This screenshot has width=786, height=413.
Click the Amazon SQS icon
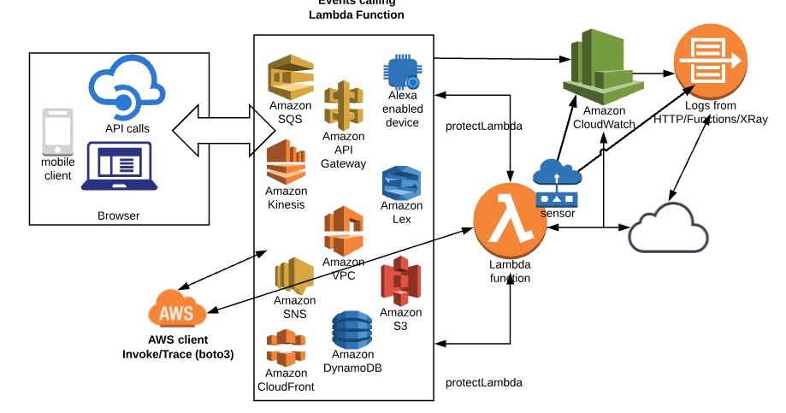tap(289, 77)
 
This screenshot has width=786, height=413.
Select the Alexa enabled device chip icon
tap(402, 73)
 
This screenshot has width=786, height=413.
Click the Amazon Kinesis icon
tap(287, 162)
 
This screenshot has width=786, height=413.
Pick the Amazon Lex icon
tap(402, 183)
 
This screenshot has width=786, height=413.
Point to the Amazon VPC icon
tap(344, 231)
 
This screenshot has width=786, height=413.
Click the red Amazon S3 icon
tap(401, 281)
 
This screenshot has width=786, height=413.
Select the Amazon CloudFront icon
tap(287, 348)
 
